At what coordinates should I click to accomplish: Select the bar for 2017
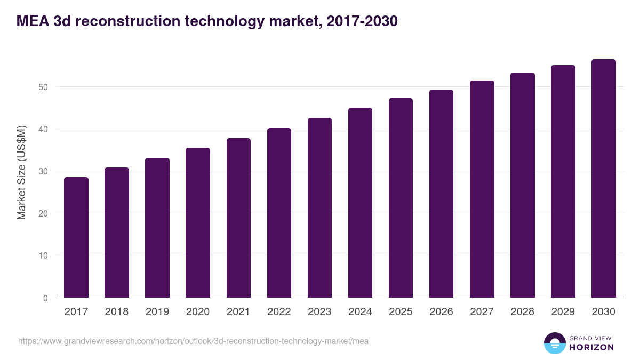click(x=76, y=237)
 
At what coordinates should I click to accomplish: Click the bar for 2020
click(x=198, y=223)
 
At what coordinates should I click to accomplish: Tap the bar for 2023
click(x=319, y=208)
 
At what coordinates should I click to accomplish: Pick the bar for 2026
click(x=441, y=194)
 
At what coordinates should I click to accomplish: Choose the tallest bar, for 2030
click(x=603, y=179)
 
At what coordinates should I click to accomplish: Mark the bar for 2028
click(x=522, y=185)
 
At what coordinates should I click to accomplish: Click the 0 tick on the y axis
click(x=45, y=298)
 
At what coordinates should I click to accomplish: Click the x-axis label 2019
click(x=157, y=312)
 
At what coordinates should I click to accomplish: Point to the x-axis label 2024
click(x=360, y=312)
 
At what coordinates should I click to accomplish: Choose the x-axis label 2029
click(x=563, y=312)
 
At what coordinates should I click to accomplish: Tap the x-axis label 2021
click(x=238, y=312)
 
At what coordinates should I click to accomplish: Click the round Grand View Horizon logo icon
click(x=554, y=343)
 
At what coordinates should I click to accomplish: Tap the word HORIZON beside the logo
click(x=591, y=347)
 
